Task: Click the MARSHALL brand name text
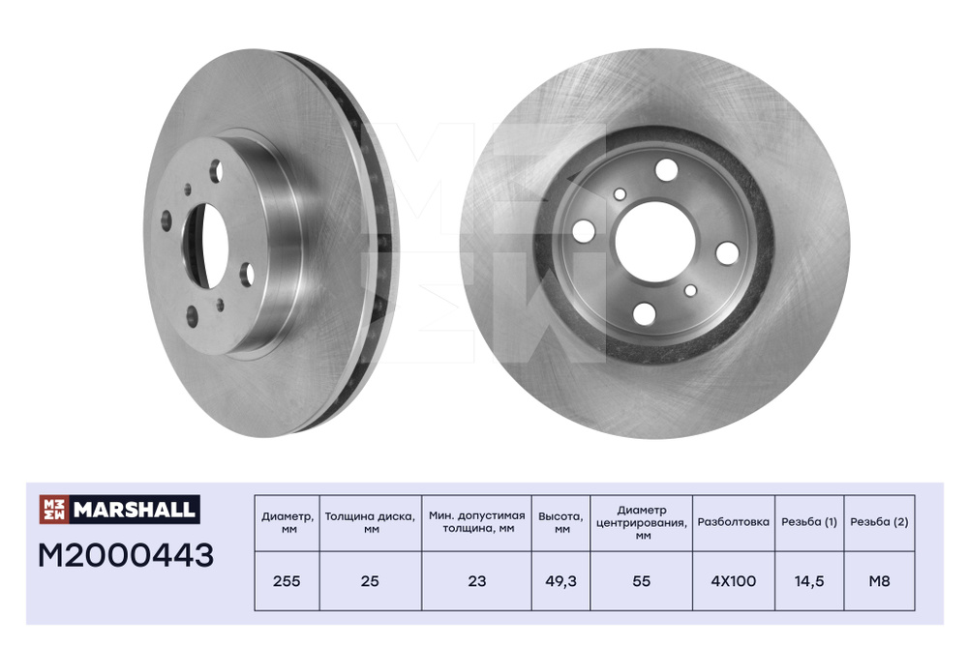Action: tap(134, 510)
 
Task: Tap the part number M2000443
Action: tap(126, 555)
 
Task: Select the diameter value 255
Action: tap(287, 581)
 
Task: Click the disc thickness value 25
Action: tap(370, 581)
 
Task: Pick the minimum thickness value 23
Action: tap(476, 581)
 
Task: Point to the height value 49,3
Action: tap(560, 581)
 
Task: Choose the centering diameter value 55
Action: tap(642, 581)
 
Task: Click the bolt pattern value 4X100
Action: tap(734, 581)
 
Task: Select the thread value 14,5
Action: tap(808, 581)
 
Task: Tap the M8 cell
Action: tap(879, 581)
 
